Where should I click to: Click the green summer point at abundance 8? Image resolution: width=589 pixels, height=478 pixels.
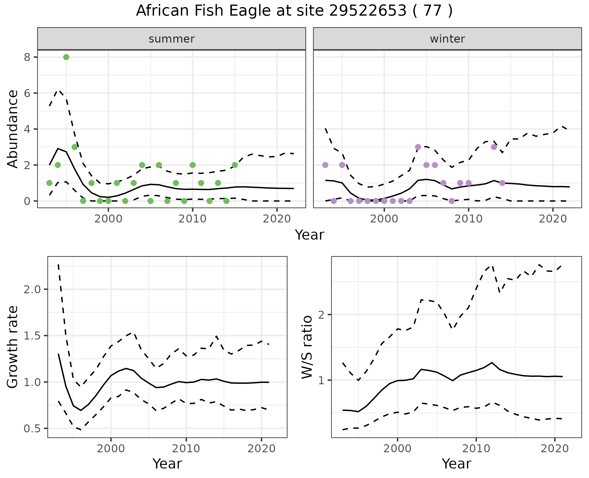[66, 57]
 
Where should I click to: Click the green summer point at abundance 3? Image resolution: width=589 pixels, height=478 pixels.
[75, 147]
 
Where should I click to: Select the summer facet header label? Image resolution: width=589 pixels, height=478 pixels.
[171, 39]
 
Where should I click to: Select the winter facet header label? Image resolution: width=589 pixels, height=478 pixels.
[447, 39]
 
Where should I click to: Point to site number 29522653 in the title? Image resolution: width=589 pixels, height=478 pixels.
[368, 11]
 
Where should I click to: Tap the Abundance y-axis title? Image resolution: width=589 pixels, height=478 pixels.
[13, 129]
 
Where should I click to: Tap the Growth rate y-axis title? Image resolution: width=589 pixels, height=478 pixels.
[13, 347]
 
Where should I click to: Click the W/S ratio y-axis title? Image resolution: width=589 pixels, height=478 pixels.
[307, 347]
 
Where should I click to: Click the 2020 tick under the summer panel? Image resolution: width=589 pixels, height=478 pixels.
[277, 219]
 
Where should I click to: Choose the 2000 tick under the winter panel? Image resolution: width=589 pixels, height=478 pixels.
[384, 219]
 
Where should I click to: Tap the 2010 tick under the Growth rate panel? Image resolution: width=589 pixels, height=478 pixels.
[186, 449]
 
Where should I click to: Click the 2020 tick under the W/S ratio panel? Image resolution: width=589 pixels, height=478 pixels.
[555, 449]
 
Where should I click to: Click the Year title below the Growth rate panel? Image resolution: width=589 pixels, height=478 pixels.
[167, 464]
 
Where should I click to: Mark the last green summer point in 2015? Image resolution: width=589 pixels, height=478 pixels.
[235, 165]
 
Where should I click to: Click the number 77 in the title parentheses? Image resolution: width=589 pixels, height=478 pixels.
[433, 11]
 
